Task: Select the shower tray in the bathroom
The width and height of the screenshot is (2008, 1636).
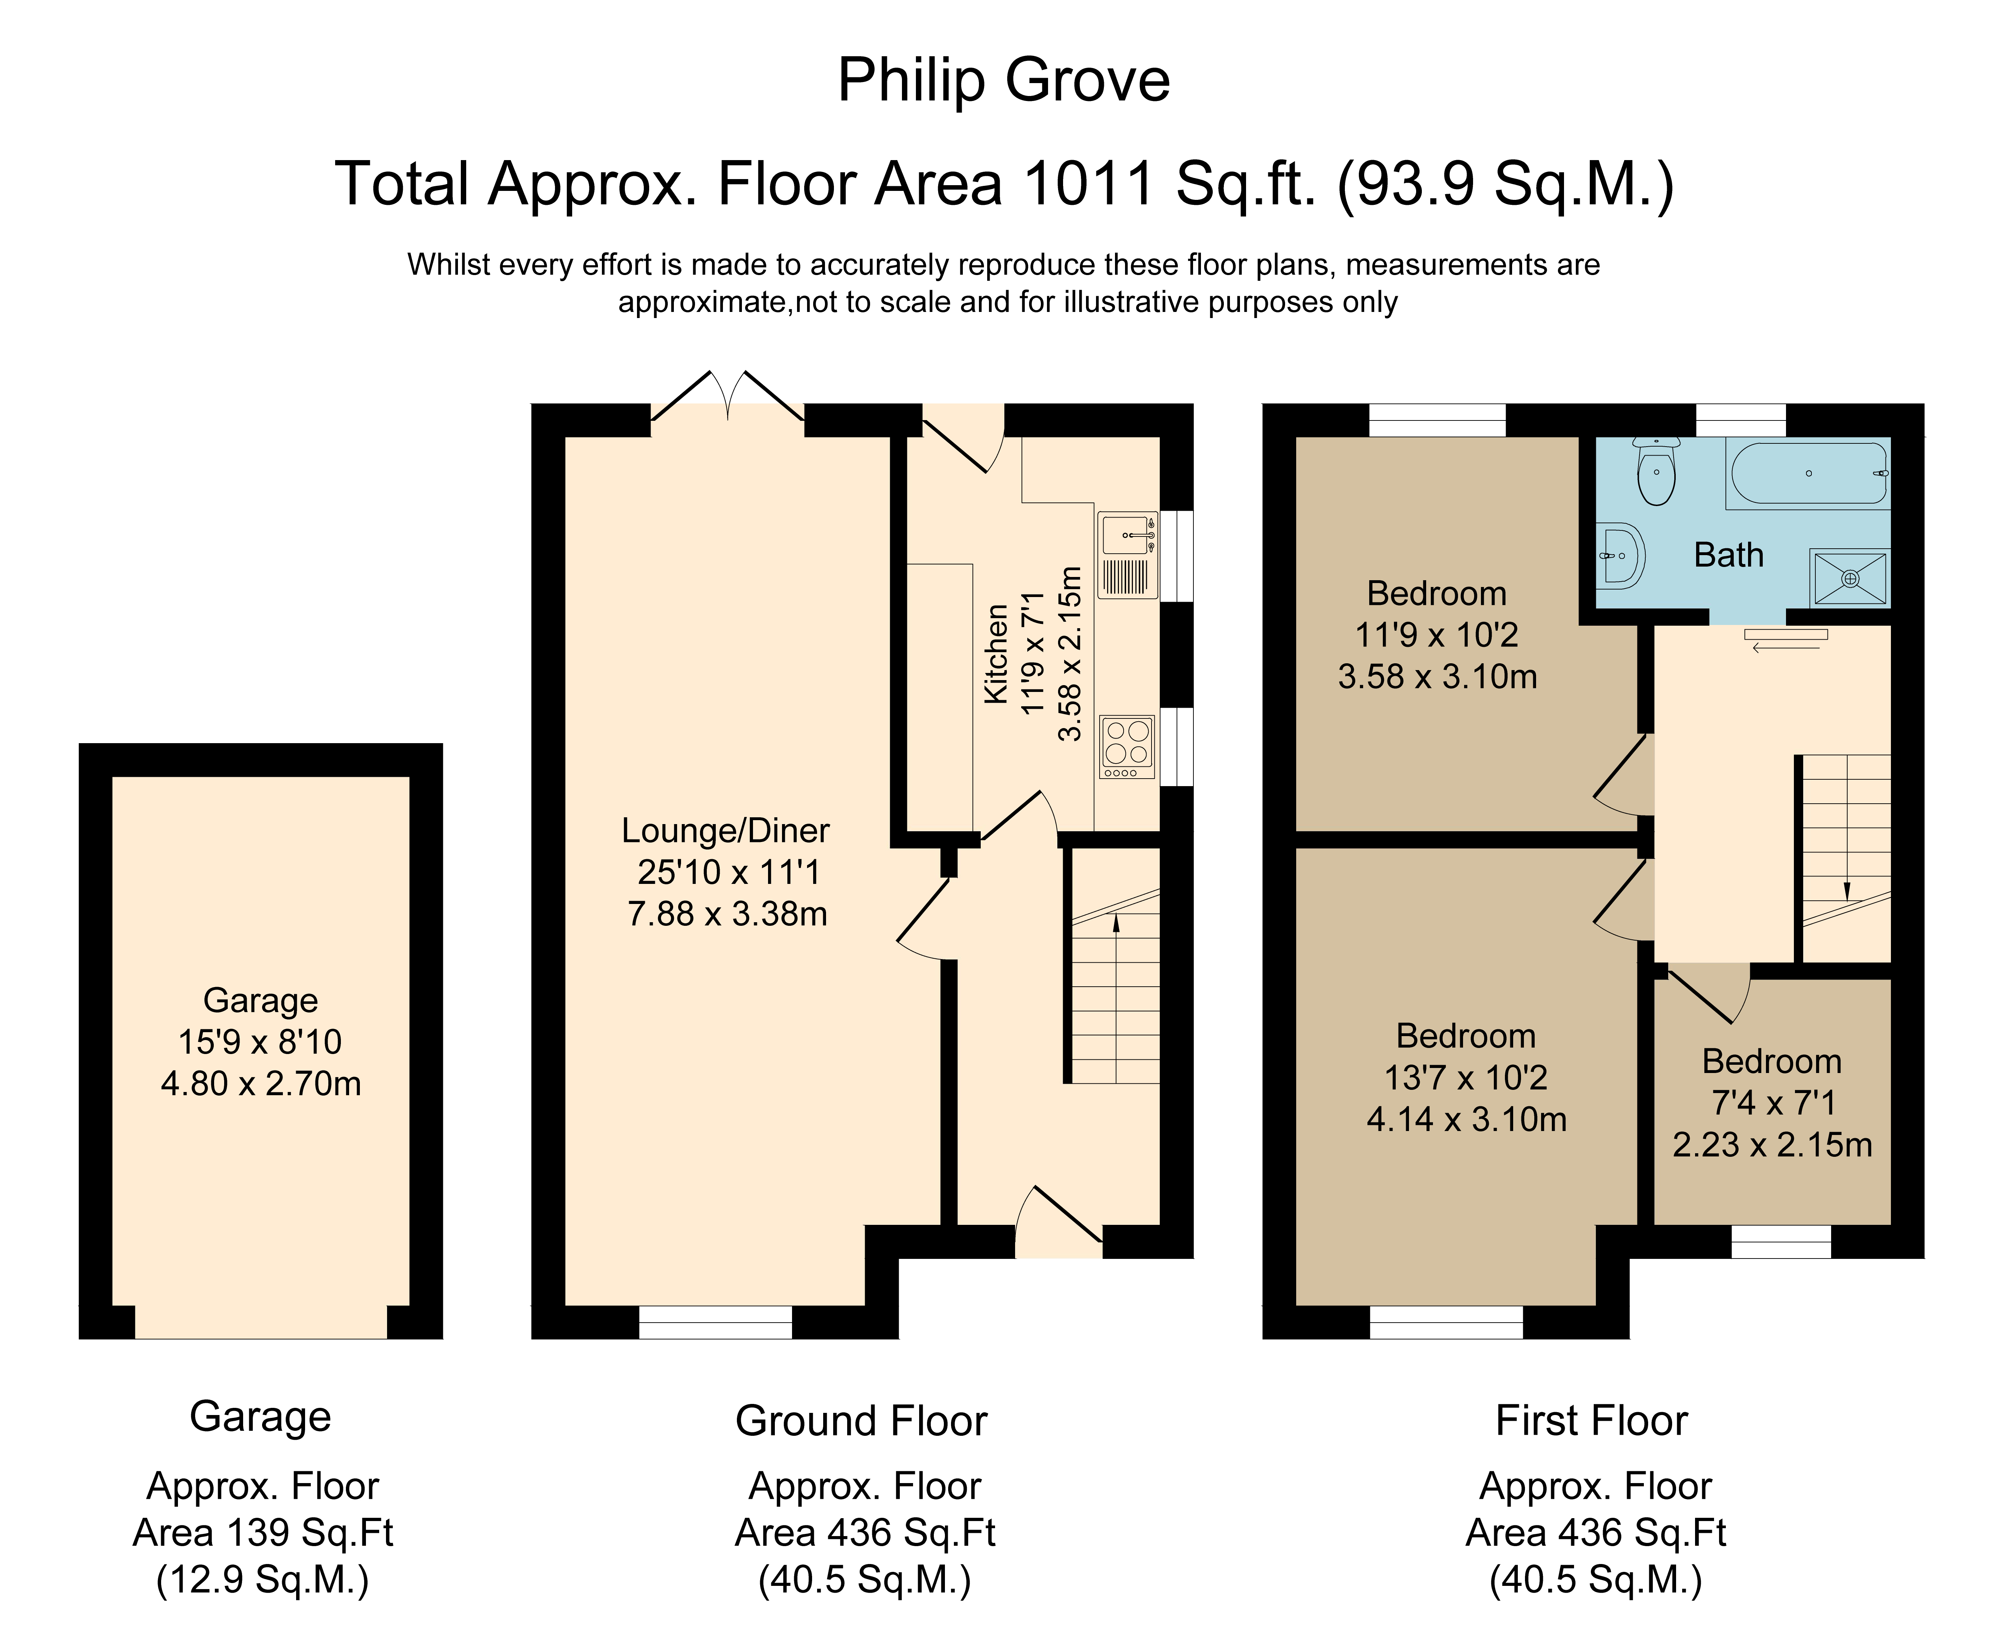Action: click(x=1850, y=578)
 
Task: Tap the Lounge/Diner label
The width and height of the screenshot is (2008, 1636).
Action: click(x=725, y=830)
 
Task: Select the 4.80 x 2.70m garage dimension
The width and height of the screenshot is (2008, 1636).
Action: click(x=261, y=1084)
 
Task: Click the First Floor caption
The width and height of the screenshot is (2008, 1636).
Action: click(x=1592, y=1420)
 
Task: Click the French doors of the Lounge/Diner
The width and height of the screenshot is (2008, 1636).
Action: click(x=728, y=396)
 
